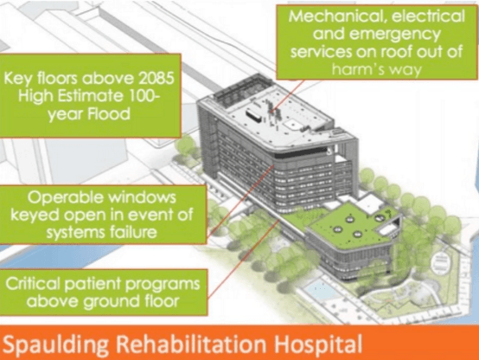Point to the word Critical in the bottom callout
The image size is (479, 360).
coord(33,284)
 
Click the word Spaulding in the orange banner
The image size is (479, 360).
coord(55,344)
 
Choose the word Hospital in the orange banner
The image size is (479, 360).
coord(317,344)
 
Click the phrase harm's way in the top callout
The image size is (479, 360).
coord(376,69)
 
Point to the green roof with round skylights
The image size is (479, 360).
coord(351,224)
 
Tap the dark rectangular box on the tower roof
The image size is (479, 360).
coord(253,116)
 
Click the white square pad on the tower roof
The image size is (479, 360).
coord(292,125)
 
